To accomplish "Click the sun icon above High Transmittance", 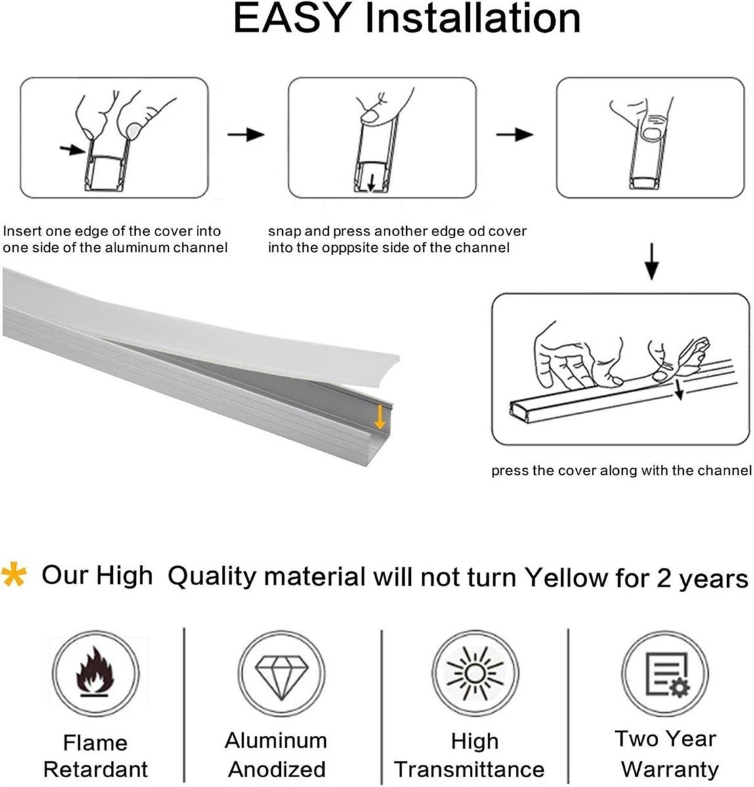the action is pyautogui.click(x=474, y=674).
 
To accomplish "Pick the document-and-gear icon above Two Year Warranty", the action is pyautogui.click(x=667, y=674).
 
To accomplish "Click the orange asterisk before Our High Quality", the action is pyautogui.click(x=14, y=574).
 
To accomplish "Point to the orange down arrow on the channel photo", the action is pyautogui.click(x=379, y=418).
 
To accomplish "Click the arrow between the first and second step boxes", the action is pyautogui.click(x=245, y=134).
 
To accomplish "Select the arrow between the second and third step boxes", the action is pyautogui.click(x=514, y=134).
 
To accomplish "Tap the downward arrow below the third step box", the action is pyautogui.click(x=651, y=261).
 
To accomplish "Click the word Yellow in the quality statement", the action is pyautogui.click(x=566, y=576).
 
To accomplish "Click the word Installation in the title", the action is pyautogui.click(x=472, y=18).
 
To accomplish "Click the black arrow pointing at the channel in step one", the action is pyautogui.click(x=72, y=150).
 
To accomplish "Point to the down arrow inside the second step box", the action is pyautogui.click(x=371, y=183).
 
